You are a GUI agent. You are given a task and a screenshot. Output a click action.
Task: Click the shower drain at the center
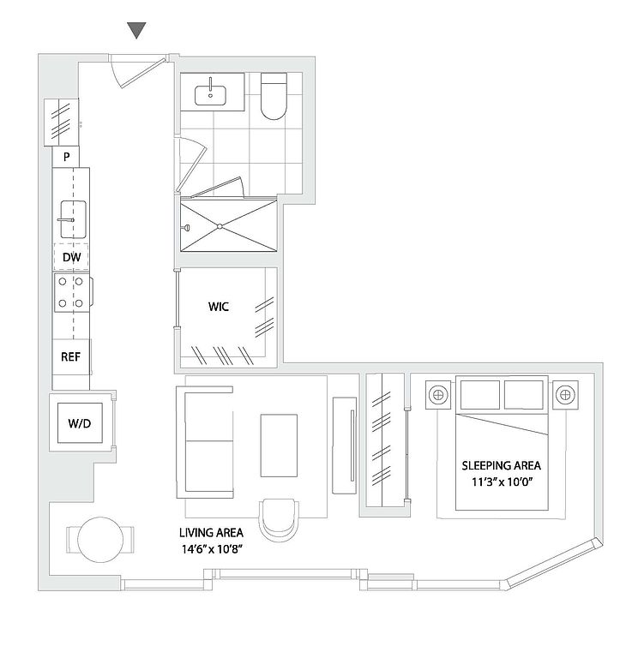(x=220, y=226)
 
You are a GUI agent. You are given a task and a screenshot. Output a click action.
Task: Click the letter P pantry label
(x=66, y=157)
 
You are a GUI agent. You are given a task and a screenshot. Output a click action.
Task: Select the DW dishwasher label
(x=71, y=256)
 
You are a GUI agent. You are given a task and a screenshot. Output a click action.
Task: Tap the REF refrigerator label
(x=70, y=356)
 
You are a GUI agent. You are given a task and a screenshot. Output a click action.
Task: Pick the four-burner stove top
(x=70, y=291)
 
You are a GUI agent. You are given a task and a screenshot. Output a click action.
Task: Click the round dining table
(x=99, y=539)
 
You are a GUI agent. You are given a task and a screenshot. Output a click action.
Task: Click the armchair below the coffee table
(x=280, y=518)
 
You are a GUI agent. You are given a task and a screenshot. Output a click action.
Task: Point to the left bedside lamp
(x=438, y=394)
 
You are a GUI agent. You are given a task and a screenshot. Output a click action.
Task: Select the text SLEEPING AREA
(x=501, y=465)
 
